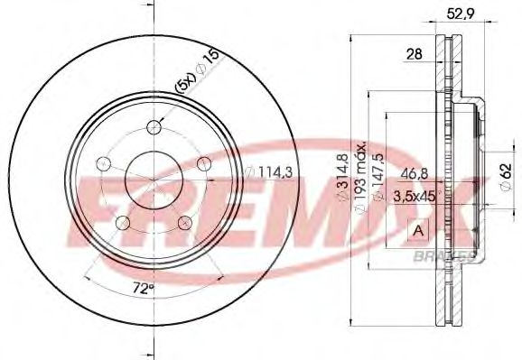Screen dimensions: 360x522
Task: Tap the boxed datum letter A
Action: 419,231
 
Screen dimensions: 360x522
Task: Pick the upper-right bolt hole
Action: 205,163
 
